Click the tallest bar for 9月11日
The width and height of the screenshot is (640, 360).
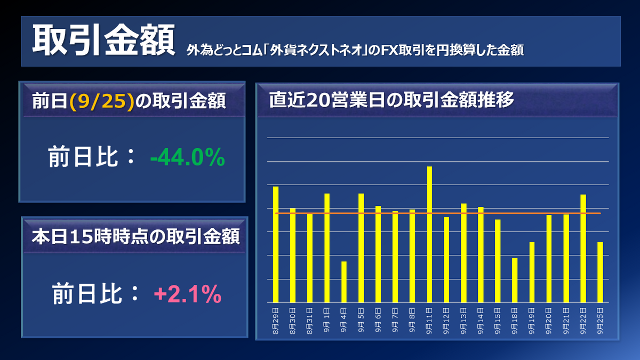(x=429, y=235)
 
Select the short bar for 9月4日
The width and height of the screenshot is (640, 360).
(x=344, y=282)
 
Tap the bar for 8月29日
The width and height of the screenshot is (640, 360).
(x=276, y=244)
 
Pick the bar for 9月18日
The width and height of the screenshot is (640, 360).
(x=515, y=280)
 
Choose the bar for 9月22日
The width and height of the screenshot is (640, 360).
(x=583, y=249)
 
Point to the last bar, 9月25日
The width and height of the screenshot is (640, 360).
(x=600, y=272)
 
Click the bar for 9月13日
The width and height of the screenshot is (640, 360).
(x=463, y=253)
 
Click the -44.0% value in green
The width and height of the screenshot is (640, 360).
(x=187, y=158)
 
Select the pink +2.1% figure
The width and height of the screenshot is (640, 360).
(x=187, y=294)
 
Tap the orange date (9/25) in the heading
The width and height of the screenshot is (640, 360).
(x=101, y=101)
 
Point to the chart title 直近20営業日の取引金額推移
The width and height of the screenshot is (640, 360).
(x=391, y=100)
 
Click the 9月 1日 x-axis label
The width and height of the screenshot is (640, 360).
(x=327, y=319)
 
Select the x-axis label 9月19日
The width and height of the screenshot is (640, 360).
(x=532, y=319)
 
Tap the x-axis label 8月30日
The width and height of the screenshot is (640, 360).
(x=293, y=319)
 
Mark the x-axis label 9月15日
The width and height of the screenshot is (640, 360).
(x=498, y=319)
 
